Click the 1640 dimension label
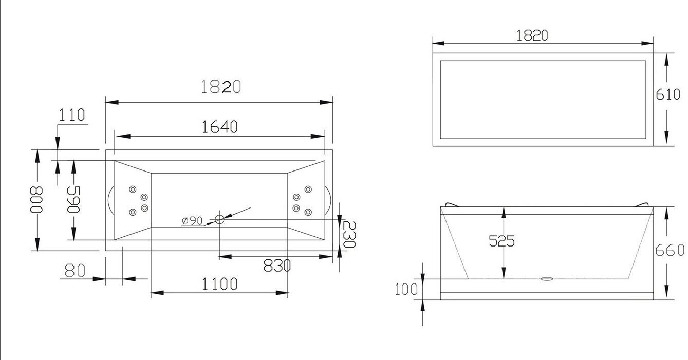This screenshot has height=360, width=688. [219, 127]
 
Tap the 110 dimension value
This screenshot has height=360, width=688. [71, 115]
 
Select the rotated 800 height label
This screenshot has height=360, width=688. [36, 200]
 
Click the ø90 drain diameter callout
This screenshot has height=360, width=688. [192, 220]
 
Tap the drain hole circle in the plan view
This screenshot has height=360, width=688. [219, 219]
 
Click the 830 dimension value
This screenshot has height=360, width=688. [277, 266]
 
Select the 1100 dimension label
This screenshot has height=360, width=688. [219, 284]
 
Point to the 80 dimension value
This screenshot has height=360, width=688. [75, 271]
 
